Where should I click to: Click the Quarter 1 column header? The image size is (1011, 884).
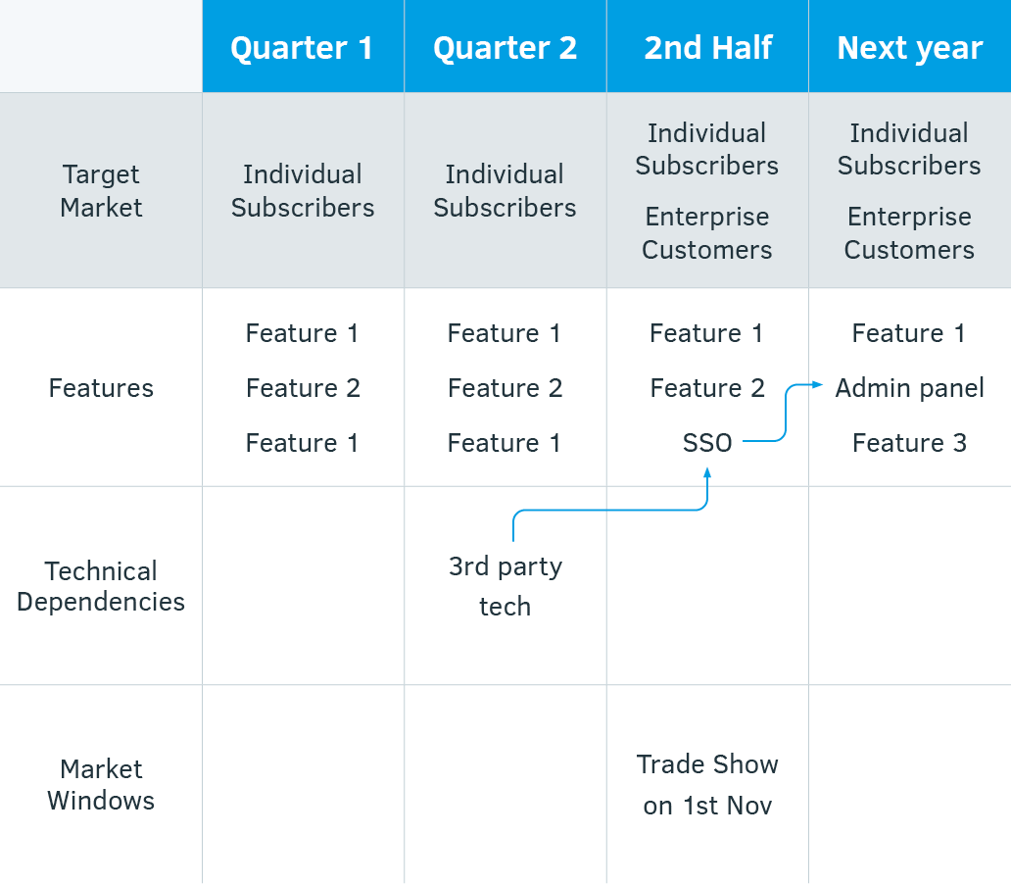point(302,48)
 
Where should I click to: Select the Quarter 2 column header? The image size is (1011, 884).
point(505,48)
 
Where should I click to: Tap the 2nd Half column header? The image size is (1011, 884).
point(708,48)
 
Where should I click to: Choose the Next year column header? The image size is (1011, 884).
point(910,49)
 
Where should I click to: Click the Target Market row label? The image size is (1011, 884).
point(101,191)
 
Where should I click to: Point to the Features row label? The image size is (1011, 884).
point(101,388)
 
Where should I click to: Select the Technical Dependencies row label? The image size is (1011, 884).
point(101,586)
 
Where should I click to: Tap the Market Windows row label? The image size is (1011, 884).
point(101,785)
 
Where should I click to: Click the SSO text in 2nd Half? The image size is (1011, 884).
point(707,443)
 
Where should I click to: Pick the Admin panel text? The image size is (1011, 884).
point(910,388)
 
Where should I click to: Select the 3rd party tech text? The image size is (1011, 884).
point(505,586)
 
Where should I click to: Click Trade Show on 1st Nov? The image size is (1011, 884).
point(707,785)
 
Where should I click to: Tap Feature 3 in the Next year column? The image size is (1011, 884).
point(910,443)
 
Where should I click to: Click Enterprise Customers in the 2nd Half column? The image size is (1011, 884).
point(707,233)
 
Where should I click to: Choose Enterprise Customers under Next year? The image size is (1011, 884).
point(910,233)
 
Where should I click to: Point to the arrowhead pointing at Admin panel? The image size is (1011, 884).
point(818,384)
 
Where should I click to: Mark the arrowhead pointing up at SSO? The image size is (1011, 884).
point(707,472)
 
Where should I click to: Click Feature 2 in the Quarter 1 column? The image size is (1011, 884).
point(303,388)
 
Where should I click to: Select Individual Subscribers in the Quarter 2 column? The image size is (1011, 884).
point(505,191)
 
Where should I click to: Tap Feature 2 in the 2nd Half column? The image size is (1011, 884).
point(707,388)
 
